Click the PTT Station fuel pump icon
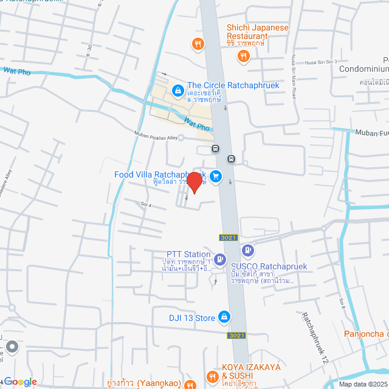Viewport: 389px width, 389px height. [x=206, y=258]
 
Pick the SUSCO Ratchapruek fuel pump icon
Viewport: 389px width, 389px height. [x=247, y=250]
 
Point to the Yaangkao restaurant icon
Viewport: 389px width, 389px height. [x=190, y=385]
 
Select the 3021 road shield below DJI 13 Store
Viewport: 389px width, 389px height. [x=236, y=335]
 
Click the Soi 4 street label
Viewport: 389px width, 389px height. [x=145, y=203]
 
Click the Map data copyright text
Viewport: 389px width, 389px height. [x=362, y=384]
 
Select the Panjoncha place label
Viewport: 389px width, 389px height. [x=366, y=333]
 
